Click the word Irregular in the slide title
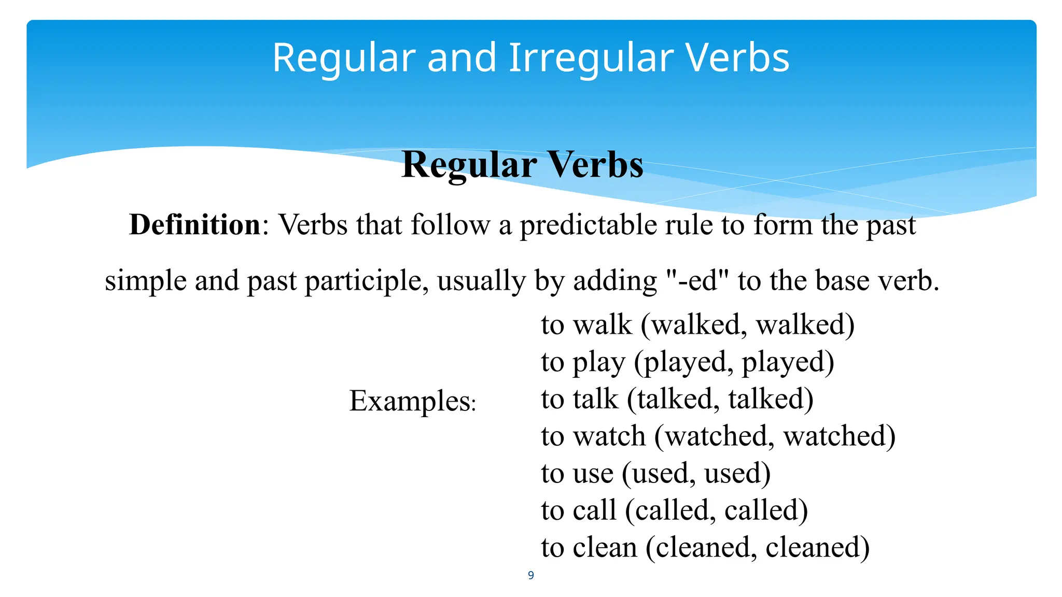click(591, 58)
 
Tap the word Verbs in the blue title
click(737, 58)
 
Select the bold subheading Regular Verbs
click(522, 165)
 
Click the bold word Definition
click(195, 225)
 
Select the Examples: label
click(412, 401)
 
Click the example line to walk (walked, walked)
click(697, 325)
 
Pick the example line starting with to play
click(688, 362)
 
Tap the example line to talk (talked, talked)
click(677, 399)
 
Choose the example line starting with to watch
click(718, 436)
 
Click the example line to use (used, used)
click(655, 473)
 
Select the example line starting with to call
click(674, 510)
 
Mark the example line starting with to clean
click(705, 547)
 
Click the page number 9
click(530, 575)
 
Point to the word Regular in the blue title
click(344, 58)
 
